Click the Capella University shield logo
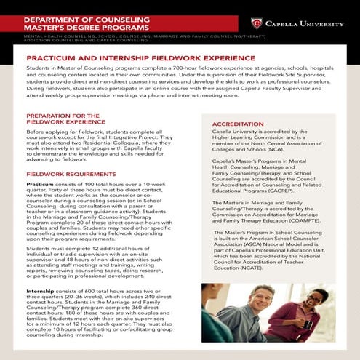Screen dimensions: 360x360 [x=257, y=23]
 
